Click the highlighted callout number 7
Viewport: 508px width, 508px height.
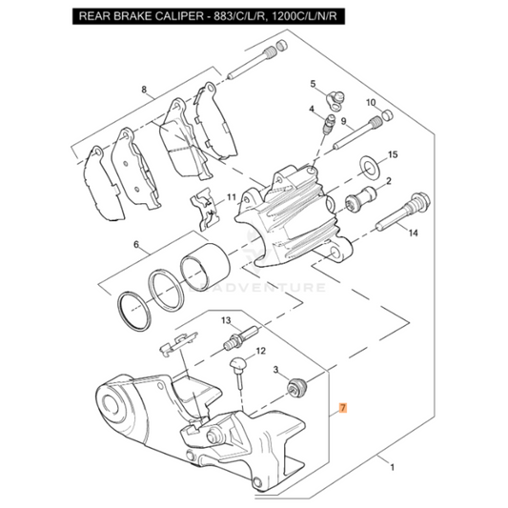point(344,409)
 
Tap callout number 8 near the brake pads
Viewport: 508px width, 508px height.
point(144,91)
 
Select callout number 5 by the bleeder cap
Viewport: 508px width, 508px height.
point(311,85)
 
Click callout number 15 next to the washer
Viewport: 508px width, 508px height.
point(393,154)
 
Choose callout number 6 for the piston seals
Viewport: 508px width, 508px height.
point(136,245)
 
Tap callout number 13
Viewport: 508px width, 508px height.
point(227,320)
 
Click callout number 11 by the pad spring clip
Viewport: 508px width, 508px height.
point(230,197)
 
